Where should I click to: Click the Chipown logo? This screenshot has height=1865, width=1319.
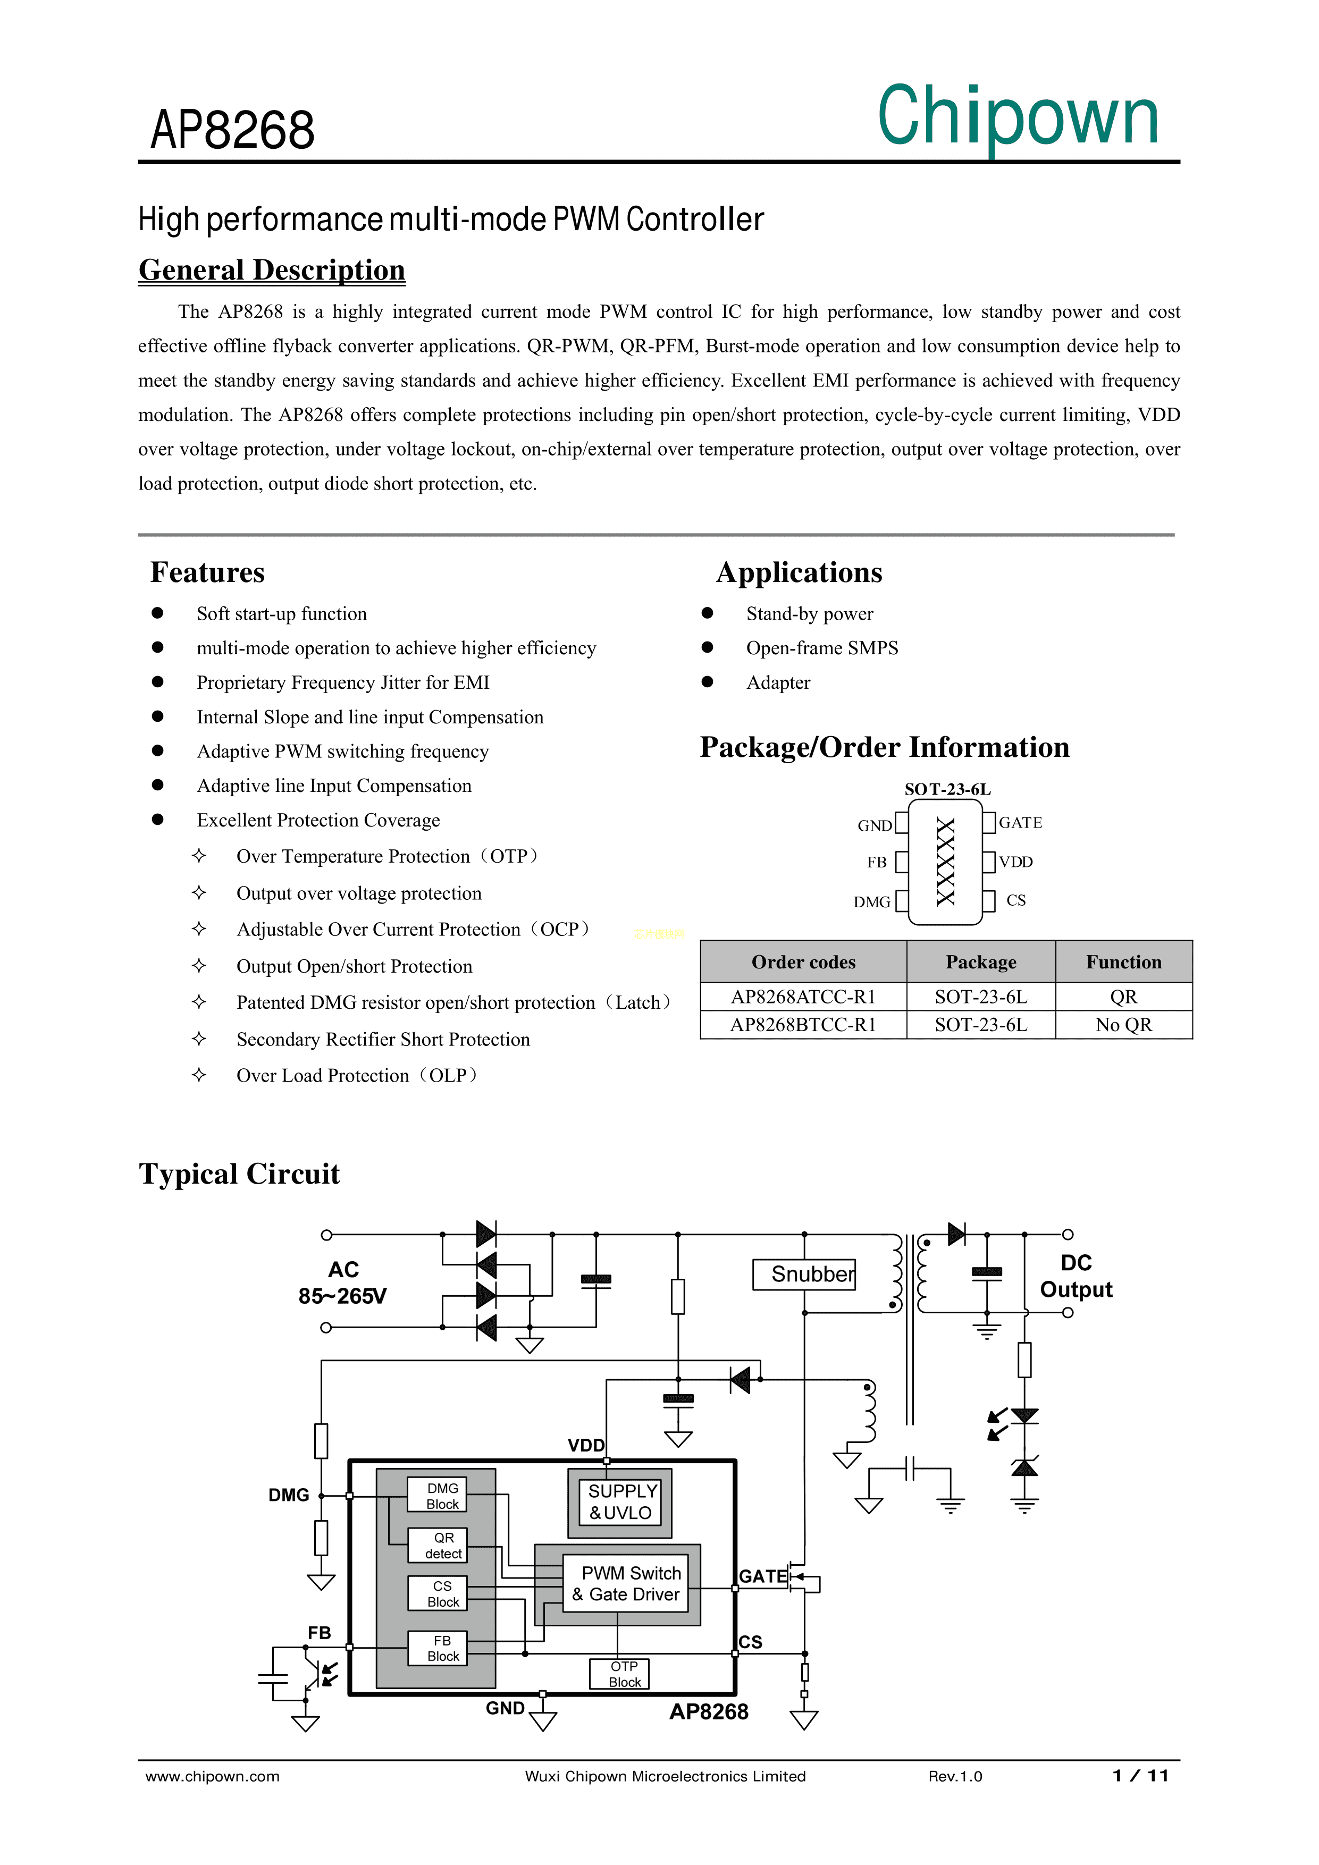[1018, 119]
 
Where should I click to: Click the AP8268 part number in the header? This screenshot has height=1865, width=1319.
[232, 130]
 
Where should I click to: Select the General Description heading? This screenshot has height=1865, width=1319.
[272, 269]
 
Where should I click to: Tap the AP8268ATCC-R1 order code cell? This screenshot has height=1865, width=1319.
[803, 997]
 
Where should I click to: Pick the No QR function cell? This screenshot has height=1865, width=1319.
[1123, 1025]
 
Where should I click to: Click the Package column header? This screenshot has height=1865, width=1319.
[980, 963]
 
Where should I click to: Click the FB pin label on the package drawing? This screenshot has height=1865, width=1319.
[876, 863]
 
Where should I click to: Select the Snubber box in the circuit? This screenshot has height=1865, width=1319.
[804, 1273]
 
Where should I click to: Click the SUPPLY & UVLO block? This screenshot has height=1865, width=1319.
[620, 1502]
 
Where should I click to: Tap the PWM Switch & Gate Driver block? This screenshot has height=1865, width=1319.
[626, 1584]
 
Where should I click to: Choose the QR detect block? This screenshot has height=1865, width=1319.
[443, 1546]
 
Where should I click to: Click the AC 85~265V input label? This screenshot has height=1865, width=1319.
[343, 1282]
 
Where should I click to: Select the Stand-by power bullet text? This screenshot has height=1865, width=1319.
[810, 614]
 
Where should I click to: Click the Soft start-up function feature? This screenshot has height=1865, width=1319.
[281, 614]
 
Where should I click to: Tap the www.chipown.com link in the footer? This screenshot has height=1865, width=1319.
[212, 1776]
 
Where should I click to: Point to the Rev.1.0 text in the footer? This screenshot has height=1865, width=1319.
[955, 1776]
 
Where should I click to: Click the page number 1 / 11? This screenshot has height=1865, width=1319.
[1140, 1776]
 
